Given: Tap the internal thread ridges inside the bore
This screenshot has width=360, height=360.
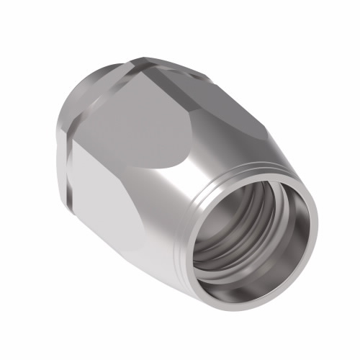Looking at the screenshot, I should click(x=216, y=252).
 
